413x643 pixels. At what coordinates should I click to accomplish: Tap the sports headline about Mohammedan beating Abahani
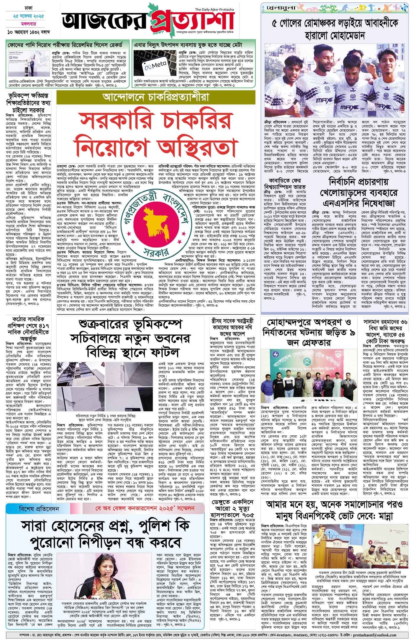(335, 30)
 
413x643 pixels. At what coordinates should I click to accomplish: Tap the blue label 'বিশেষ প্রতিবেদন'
(41, 509)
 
